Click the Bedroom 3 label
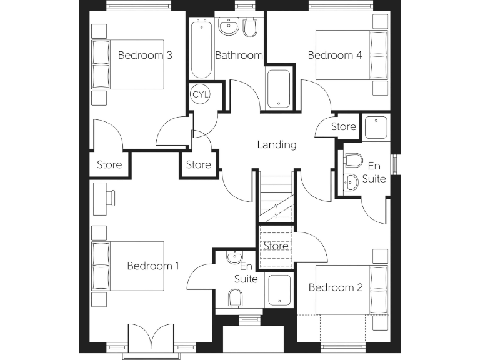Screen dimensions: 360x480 [x=145, y=55]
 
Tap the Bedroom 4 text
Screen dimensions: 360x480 [x=335, y=55]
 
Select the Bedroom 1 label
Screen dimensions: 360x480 [x=153, y=266]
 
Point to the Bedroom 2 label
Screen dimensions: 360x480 [x=336, y=287]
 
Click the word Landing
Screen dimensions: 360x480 [x=276, y=144]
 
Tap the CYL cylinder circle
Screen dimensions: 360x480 [x=201, y=94]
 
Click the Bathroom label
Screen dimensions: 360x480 [x=239, y=55]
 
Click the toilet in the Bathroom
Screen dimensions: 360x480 [x=251, y=29]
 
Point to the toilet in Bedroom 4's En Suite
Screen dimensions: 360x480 [x=352, y=161]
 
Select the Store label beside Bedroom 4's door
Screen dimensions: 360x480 [x=343, y=126]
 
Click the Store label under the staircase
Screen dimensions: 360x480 [x=276, y=246]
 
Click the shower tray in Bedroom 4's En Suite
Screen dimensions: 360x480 [x=376, y=128]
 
